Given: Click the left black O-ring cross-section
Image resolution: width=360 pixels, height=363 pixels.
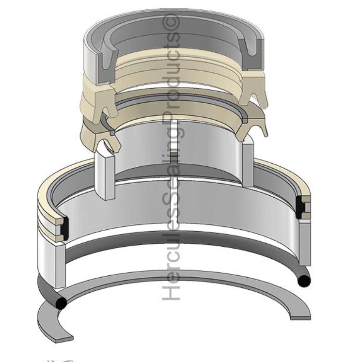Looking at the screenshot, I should click(x=61, y=302).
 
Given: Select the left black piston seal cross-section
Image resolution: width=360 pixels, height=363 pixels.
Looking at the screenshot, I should click(x=63, y=223).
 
